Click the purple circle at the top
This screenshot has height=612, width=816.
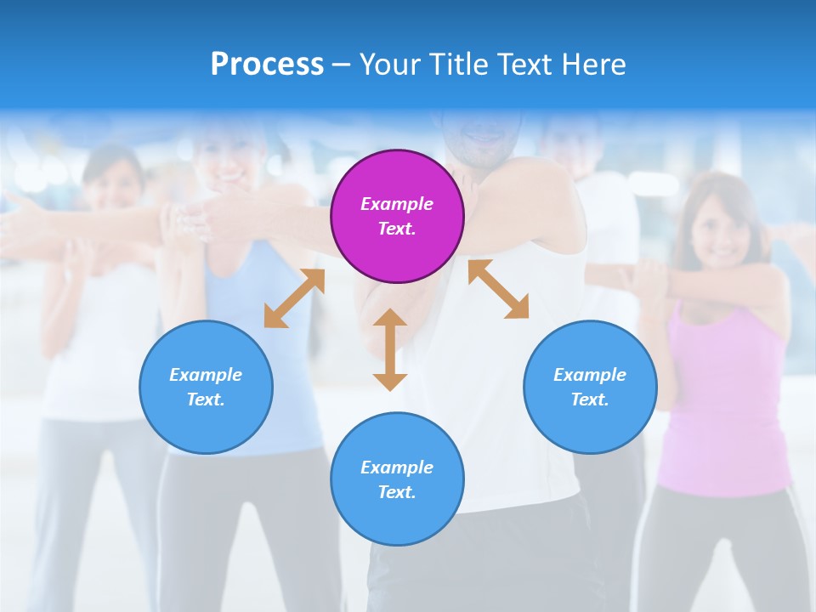397,216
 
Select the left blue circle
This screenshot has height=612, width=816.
206,387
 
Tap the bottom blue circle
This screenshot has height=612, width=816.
397,479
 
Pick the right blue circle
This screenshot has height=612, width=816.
590,387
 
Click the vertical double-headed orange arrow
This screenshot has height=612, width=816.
390,349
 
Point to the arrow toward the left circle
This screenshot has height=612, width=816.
294,298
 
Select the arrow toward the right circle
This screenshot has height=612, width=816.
498,290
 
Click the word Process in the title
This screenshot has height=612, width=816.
267,64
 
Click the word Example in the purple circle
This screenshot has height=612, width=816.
397,204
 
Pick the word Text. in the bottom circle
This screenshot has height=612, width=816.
397,492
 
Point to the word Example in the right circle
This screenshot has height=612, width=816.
590,375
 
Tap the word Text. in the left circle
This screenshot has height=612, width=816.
206,399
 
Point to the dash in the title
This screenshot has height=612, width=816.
342,65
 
